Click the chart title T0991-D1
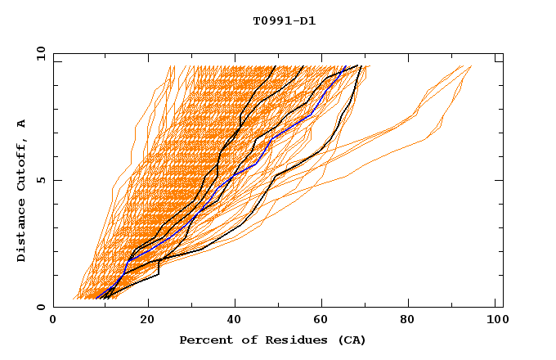(x=285, y=21)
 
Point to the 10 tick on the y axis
(x=39, y=53)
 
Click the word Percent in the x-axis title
(x=204, y=340)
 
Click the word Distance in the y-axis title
(x=22, y=233)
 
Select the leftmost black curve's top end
(x=276, y=66)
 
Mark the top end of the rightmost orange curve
(x=471, y=66)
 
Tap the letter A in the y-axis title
(x=22, y=124)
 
